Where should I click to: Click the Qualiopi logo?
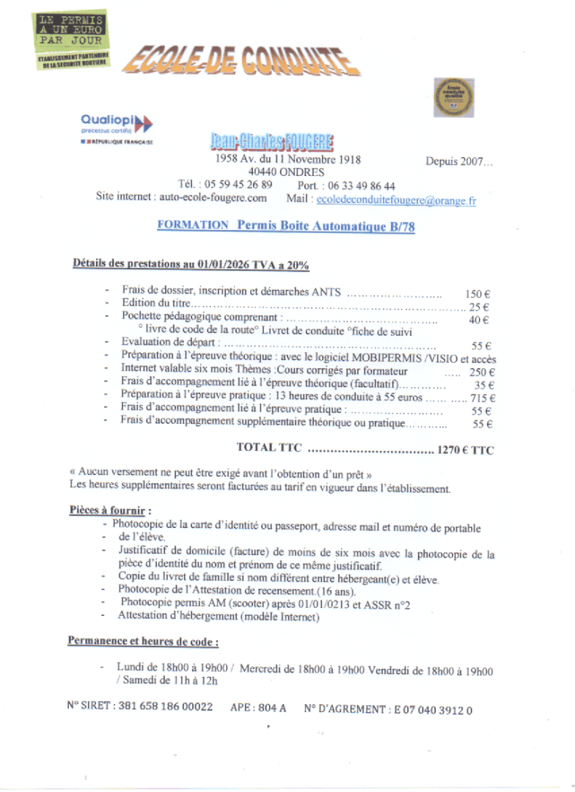click(x=117, y=123)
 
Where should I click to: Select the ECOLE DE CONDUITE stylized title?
click(x=235, y=60)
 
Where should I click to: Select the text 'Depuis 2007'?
click(x=459, y=161)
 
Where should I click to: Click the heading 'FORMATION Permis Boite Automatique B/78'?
click(x=286, y=227)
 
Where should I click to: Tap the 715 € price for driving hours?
click(x=482, y=398)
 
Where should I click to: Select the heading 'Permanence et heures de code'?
click(x=144, y=641)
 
